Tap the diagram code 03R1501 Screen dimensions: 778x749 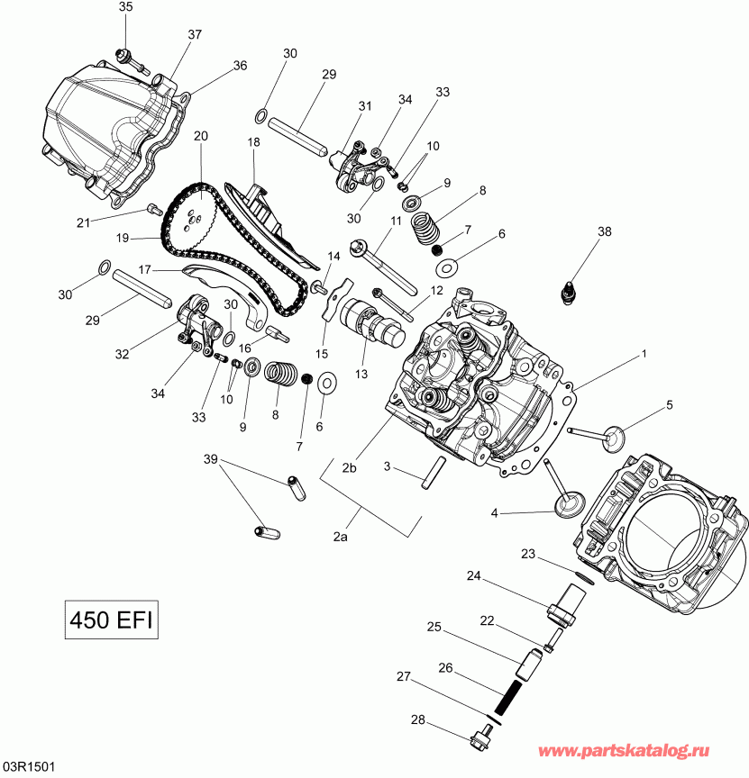point(29,767)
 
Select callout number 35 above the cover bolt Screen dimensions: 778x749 point(125,7)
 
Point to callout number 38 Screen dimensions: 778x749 point(603,231)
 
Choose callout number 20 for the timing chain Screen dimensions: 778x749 point(200,136)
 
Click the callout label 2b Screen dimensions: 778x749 point(350,466)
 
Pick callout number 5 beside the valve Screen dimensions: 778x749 point(669,404)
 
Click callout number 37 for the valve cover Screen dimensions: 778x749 point(195,34)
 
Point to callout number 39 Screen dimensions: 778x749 point(211,460)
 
